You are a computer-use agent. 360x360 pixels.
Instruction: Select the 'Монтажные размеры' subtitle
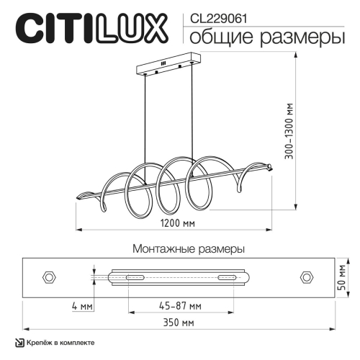click(x=189, y=248)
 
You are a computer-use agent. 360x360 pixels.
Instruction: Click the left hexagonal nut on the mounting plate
click(x=51, y=277)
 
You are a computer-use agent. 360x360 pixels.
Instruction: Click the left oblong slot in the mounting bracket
click(x=135, y=277)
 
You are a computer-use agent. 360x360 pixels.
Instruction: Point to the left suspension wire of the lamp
click(x=147, y=115)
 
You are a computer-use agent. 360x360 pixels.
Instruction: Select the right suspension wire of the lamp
click(x=192, y=115)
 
